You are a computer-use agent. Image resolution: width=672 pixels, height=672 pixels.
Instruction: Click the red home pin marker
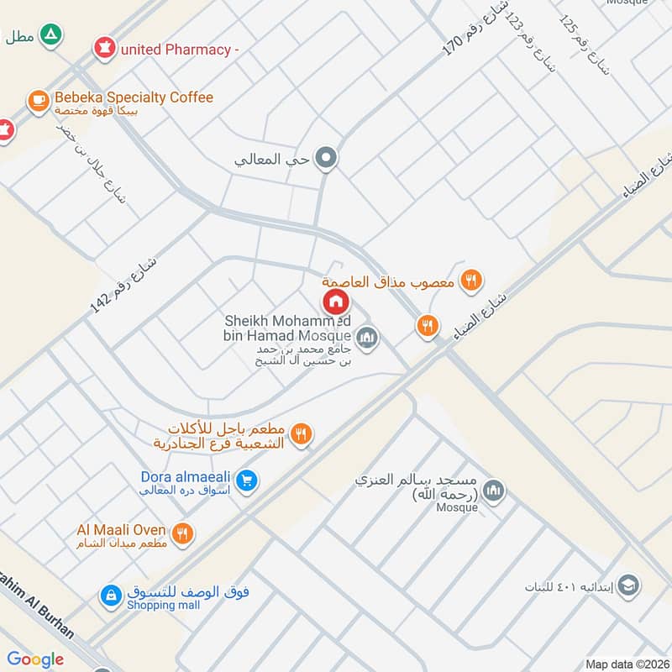pos(335,302)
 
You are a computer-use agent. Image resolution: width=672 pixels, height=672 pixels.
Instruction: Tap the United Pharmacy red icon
pos(105,49)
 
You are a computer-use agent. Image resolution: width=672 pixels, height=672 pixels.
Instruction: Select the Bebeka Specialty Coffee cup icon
pos(39,100)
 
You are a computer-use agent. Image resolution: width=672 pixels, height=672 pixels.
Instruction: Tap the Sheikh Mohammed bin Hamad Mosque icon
pos(366,339)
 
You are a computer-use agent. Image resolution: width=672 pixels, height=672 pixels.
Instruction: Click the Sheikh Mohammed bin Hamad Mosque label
pos(288,329)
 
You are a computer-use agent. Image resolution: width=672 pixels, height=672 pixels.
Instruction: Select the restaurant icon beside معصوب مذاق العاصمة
pos(471,281)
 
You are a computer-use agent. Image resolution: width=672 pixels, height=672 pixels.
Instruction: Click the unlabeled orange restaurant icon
pos(428,325)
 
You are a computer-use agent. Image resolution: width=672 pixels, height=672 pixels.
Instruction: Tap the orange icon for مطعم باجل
pos(302,434)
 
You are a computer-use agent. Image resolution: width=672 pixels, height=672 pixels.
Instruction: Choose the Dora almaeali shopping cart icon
pos(247,480)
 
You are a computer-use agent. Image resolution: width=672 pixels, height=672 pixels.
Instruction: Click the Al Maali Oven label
pos(118,530)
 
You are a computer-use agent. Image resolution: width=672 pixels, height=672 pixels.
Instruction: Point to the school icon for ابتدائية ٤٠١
pos(627,585)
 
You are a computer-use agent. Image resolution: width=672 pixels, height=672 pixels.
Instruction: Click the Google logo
pos(35,659)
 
